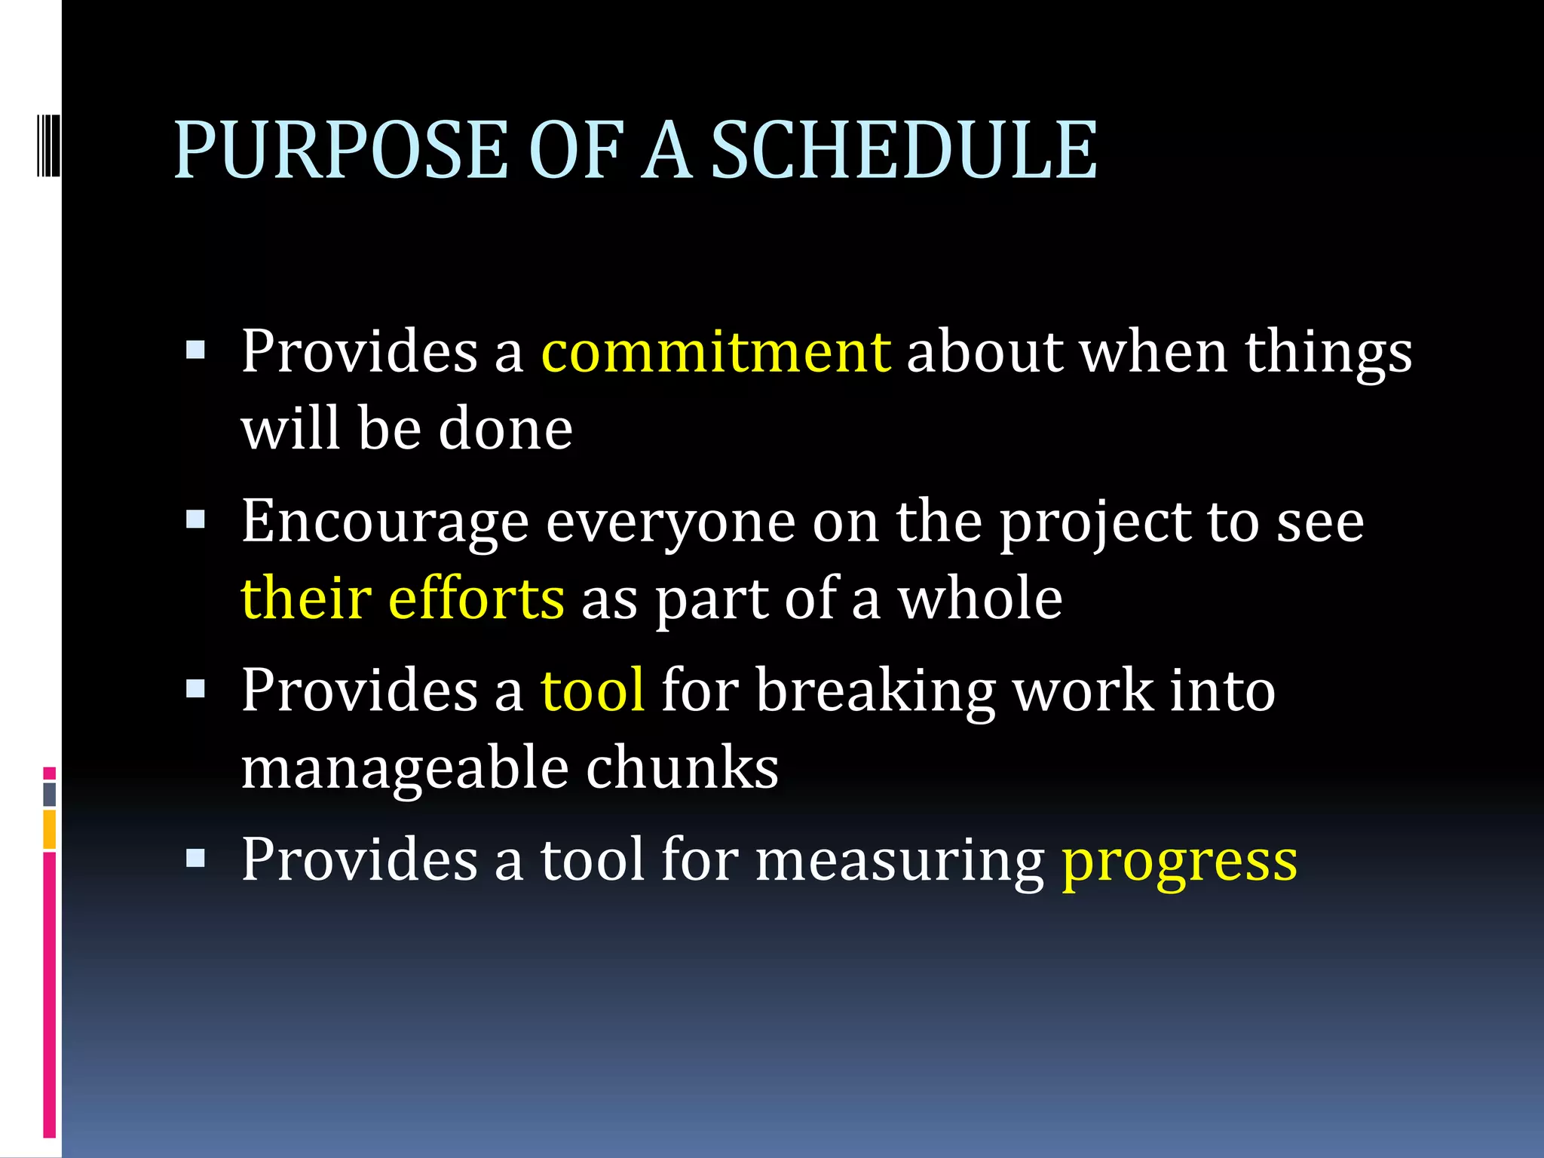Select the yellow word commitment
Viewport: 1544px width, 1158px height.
[715, 351]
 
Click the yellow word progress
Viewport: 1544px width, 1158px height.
[1180, 861]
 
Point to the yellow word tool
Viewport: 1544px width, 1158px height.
[593, 690]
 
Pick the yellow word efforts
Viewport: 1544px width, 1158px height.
[476, 598]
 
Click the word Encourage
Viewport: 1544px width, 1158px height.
[384, 522]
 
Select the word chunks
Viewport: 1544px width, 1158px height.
[682, 767]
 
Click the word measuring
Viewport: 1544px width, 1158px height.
[899, 861]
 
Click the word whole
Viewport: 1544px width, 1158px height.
[979, 598]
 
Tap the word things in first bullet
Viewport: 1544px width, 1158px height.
[1328, 353]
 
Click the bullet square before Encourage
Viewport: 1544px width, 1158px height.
[195, 520]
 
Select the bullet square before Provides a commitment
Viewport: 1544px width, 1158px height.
[195, 350]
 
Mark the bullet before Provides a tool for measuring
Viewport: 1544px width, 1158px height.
[195, 859]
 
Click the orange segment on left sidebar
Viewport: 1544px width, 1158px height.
[50, 829]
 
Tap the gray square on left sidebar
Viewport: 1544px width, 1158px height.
[50, 794]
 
